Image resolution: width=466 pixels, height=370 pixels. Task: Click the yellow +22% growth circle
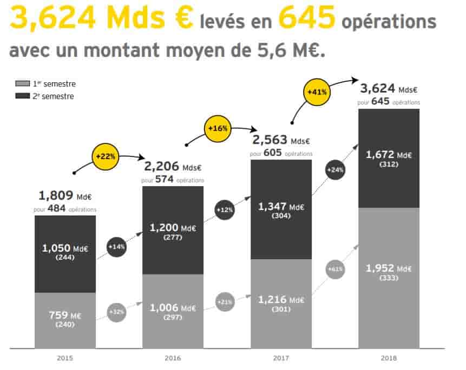click(x=106, y=156)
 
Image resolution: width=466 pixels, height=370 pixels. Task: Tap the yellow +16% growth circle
click(x=218, y=129)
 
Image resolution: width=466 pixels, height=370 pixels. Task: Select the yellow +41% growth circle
click(x=317, y=92)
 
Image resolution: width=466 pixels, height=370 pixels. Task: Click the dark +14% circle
click(x=116, y=247)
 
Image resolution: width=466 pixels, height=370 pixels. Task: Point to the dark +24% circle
click(x=335, y=170)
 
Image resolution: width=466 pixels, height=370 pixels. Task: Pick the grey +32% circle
click(x=116, y=312)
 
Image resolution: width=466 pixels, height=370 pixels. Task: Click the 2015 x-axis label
click(x=65, y=358)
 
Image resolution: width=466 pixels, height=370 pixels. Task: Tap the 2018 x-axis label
click(x=389, y=358)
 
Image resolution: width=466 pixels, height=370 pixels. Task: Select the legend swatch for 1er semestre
click(x=23, y=83)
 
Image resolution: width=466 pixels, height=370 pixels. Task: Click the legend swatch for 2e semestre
click(x=23, y=96)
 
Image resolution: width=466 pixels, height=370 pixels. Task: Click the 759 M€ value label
click(x=65, y=315)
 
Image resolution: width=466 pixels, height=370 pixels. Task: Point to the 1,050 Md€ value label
click(x=65, y=248)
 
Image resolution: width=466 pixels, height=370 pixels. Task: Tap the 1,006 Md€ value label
click(x=173, y=308)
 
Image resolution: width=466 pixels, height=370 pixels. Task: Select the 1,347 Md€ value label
click(x=281, y=207)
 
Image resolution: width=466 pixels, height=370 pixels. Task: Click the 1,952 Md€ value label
click(x=389, y=268)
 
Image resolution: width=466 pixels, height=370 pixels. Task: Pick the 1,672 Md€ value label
click(x=389, y=154)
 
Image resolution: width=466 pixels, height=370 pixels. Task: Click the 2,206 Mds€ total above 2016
click(x=173, y=167)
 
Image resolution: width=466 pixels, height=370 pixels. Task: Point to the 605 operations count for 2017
click(x=273, y=153)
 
